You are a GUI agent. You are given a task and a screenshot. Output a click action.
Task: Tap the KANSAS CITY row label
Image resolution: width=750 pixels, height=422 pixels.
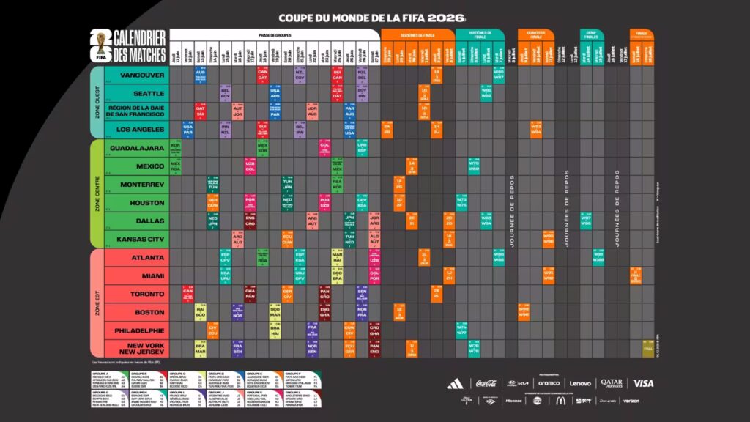138,240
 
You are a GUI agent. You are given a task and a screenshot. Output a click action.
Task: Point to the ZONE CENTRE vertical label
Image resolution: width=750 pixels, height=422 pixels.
97,194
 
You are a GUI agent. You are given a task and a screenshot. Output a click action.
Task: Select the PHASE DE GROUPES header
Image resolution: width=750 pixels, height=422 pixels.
275,34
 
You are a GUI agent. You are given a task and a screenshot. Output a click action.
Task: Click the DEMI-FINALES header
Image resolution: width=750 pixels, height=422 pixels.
591,34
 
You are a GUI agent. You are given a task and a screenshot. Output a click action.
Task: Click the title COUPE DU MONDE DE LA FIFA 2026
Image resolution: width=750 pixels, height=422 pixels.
371,17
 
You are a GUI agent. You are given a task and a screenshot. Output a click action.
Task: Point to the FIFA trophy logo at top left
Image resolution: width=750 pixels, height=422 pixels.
94,45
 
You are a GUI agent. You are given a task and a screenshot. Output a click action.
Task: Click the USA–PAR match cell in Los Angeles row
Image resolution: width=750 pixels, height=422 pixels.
187,130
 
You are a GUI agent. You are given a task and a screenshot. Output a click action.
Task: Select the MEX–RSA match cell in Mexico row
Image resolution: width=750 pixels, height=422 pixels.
176,166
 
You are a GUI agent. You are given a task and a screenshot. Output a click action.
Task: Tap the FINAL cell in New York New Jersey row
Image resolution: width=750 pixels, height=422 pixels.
647,349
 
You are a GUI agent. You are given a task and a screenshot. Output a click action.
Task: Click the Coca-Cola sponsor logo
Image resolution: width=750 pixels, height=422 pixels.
486,383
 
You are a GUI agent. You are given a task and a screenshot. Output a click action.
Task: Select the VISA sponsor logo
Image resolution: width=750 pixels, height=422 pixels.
643,383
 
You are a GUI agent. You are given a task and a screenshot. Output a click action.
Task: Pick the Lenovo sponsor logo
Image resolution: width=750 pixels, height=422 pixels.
580,383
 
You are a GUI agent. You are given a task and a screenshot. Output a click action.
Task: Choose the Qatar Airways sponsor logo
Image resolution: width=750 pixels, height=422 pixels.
612,383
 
